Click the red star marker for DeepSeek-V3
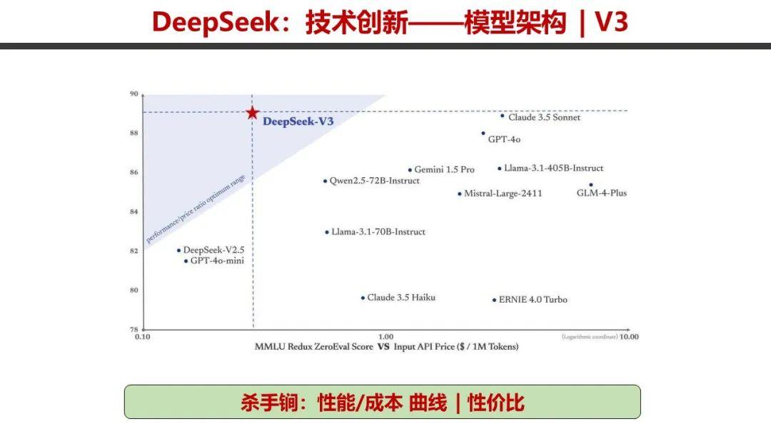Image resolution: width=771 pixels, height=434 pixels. coord(251,113)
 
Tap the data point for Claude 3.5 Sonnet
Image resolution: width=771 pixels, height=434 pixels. coord(503,116)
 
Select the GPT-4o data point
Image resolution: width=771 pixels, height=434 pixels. coord(483,133)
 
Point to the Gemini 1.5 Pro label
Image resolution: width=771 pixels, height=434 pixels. coord(444,170)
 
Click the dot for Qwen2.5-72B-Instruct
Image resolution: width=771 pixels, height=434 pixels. coord(325,181)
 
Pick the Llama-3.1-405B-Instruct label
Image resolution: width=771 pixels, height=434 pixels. coord(553,168)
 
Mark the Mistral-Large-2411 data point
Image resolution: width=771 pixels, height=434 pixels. coord(460,193)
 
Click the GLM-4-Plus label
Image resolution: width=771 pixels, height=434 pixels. coord(601,193)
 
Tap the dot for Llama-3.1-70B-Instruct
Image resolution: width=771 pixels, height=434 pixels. coord(327,232)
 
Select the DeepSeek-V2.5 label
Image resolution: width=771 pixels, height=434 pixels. coord(213,250)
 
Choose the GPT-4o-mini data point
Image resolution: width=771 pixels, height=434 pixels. coord(186,261)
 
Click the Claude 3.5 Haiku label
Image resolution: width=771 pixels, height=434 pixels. coord(400,297)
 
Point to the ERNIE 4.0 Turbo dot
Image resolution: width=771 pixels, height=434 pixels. coord(494,300)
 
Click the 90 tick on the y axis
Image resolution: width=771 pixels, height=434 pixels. coord(133,94)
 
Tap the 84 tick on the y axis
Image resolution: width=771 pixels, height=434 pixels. coord(133,211)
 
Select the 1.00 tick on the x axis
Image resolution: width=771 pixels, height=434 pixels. coord(385,336)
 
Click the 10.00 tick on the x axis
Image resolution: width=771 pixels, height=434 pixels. coord(629,336)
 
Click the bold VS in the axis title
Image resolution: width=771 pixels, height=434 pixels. coord(383,346)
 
